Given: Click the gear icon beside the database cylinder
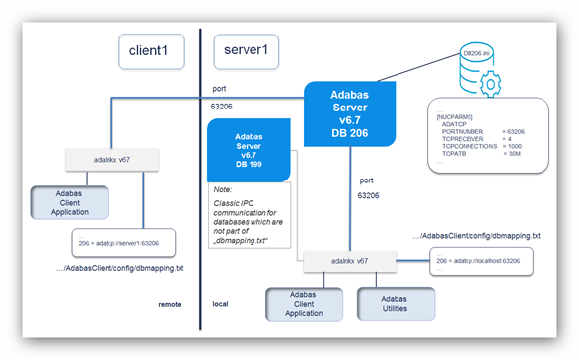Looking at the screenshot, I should [x=490, y=84].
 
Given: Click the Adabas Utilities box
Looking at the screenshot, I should [x=395, y=303].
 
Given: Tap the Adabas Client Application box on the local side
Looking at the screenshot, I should [x=304, y=303].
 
